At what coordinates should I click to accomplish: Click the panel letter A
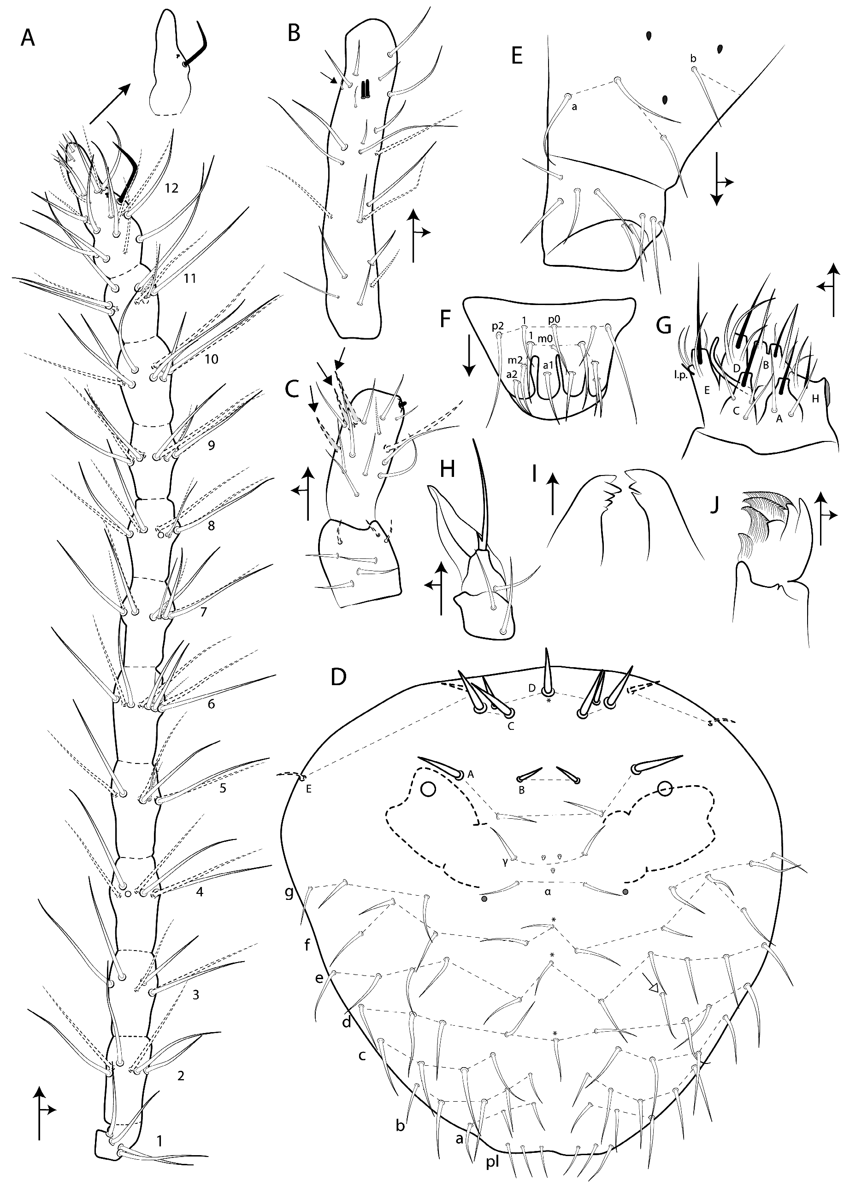pos(28,38)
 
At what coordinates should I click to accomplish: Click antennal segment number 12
pos(171,188)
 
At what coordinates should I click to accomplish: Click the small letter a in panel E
pos(574,107)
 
